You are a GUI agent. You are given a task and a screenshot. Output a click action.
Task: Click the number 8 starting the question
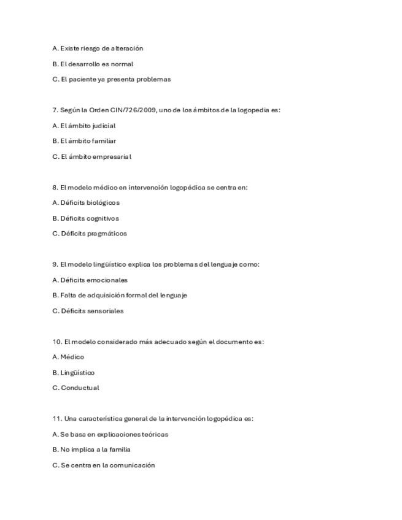click(x=55, y=188)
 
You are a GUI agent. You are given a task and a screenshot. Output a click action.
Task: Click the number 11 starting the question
click(x=56, y=419)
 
